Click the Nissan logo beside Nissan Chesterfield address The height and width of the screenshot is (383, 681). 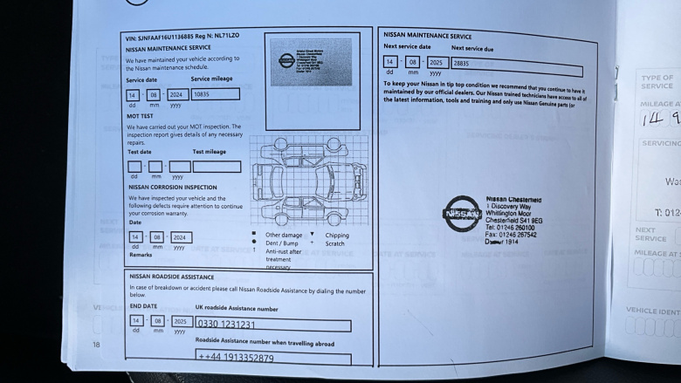(x=462, y=214)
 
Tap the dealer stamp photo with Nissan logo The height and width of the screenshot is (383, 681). (x=312, y=64)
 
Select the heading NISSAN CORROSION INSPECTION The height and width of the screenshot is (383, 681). (x=173, y=187)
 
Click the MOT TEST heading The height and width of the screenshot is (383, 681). (x=141, y=116)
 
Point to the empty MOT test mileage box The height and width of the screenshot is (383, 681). (x=217, y=166)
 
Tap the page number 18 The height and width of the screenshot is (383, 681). (x=96, y=345)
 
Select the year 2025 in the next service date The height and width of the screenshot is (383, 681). (x=437, y=63)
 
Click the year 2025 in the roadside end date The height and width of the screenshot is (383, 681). (x=182, y=321)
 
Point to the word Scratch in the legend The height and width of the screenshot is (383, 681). (x=335, y=243)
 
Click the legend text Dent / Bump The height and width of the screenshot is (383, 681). (x=283, y=243)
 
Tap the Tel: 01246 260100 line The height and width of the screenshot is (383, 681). (x=511, y=228)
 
